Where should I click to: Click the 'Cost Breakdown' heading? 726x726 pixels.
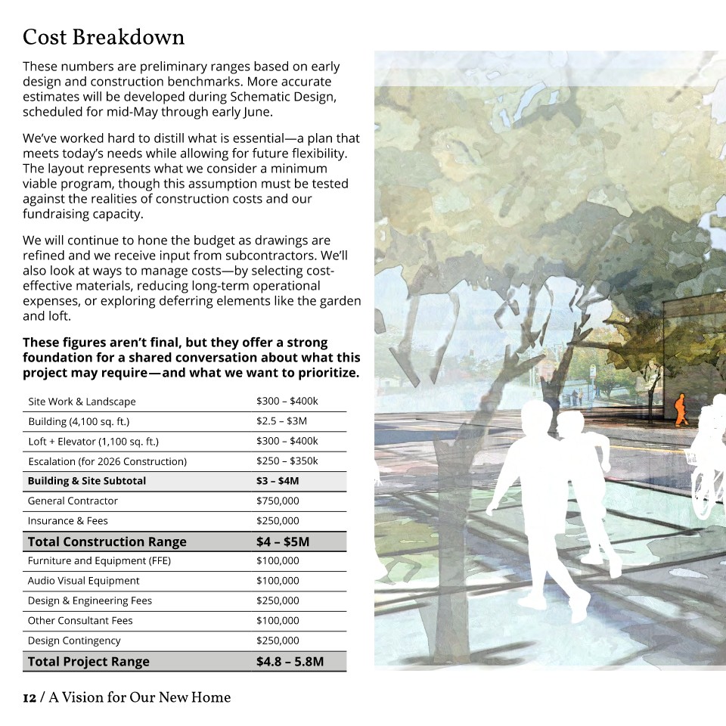(104, 37)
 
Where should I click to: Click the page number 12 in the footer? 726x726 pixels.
(29, 697)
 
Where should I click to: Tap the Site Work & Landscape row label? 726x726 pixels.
(82, 402)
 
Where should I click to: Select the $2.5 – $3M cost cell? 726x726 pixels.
(281, 421)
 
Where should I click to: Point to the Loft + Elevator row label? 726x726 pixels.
(93, 442)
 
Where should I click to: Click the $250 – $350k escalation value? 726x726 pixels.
(287, 461)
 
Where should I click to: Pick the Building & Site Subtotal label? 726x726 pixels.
(87, 481)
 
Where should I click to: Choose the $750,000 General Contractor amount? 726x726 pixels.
(278, 501)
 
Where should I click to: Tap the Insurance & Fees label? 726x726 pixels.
(68, 521)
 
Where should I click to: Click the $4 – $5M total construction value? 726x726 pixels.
(283, 541)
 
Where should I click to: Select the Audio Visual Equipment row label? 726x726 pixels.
(84, 581)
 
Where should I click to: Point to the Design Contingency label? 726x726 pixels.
(74, 641)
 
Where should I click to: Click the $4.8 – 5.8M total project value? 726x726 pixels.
(290, 662)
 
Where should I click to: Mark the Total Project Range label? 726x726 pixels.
(88, 662)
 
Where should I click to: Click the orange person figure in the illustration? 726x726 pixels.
(680, 409)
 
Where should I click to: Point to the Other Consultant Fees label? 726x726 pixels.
(80, 621)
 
